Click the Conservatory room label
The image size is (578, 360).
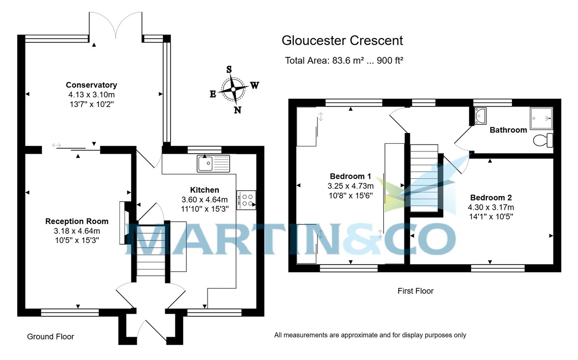coord(92,85)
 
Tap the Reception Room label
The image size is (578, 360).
coord(77,221)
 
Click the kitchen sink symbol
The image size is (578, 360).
coord(214,163)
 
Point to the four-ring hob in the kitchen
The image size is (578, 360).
coord(247,200)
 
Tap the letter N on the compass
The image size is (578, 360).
coord(237,110)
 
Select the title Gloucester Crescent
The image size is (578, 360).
coord(342,41)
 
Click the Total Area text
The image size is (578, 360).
coord(343,61)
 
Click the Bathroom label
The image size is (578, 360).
coord(508,130)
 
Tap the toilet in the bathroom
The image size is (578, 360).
coord(544,140)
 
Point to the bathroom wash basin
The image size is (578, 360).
coord(480,116)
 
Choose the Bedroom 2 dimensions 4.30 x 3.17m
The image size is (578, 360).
coord(491,207)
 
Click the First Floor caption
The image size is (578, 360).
coord(415,291)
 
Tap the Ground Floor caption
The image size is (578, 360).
coord(51,337)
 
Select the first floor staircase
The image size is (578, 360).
coord(424,178)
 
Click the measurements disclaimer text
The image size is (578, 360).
coord(370,335)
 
